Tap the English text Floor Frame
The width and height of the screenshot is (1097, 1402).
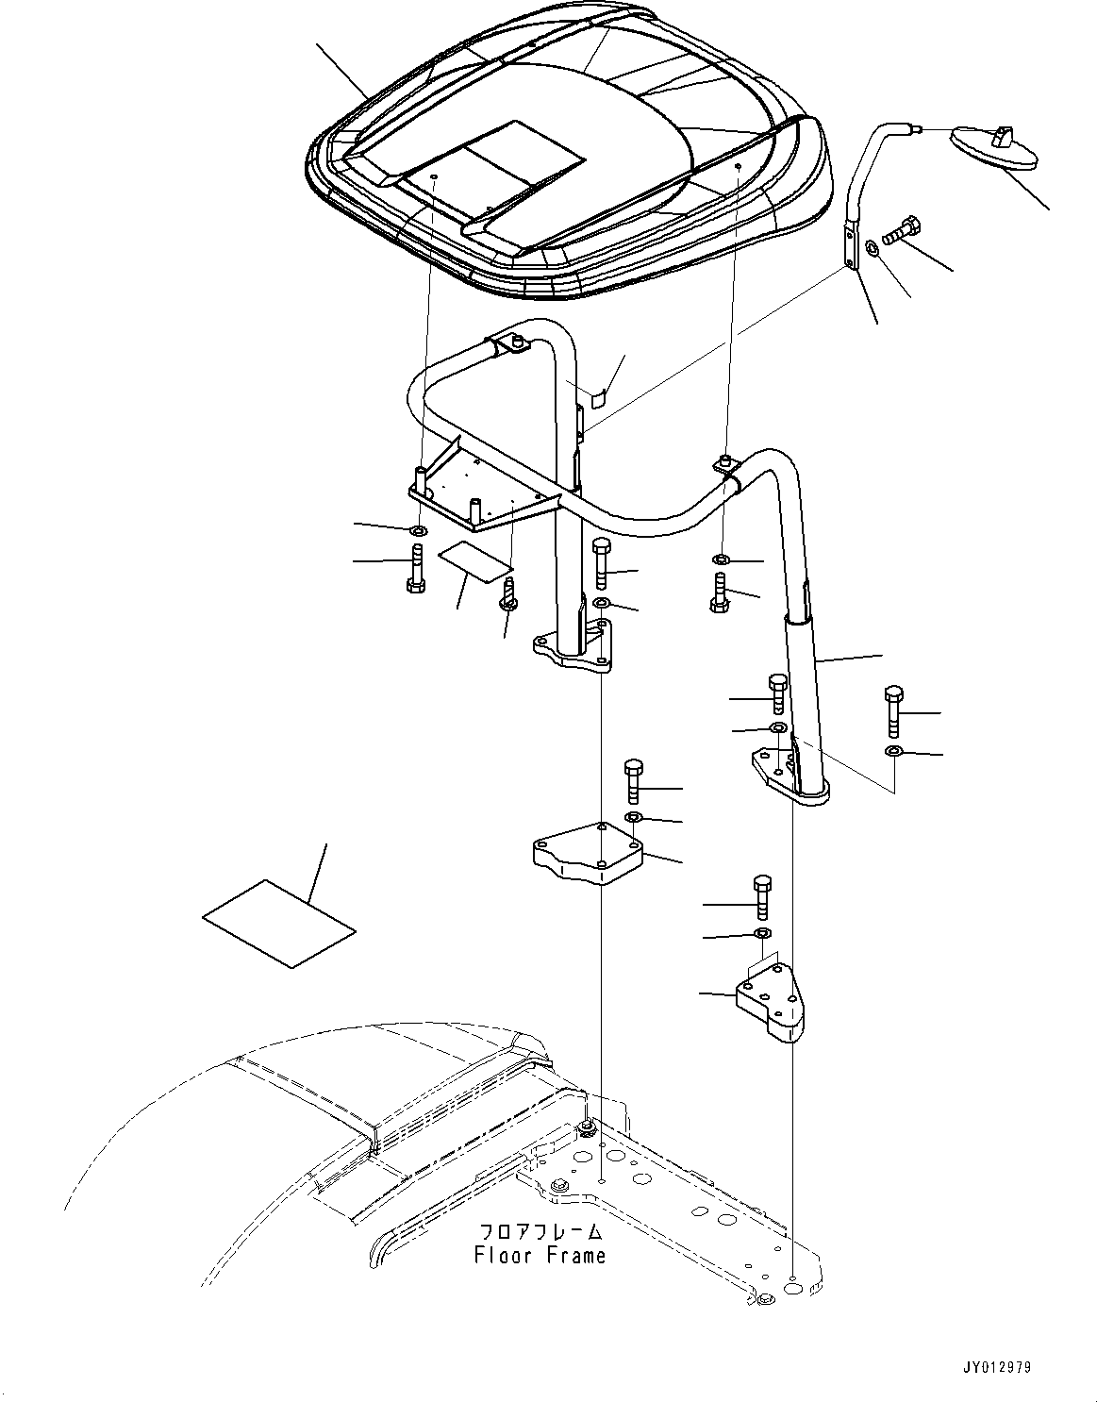(x=540, y=1256)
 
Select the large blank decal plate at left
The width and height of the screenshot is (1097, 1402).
(x=279, y=924)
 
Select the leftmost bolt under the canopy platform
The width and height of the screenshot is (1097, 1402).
(x=415, y=569)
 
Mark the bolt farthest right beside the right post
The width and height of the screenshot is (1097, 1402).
(x=893, y=711)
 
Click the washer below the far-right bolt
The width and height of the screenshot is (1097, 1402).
(x=893, y=751)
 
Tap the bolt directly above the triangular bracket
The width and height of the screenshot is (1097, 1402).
(x=762, y=896)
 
